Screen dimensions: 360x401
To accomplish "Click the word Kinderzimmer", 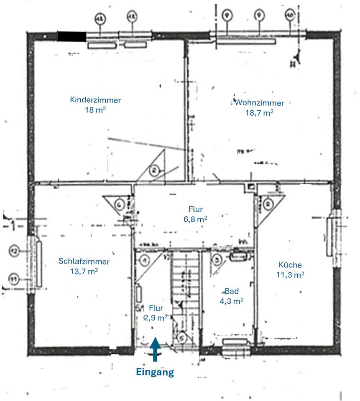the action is pyautogui.click(x=96, y=100).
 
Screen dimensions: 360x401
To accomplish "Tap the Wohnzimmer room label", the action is pyautogui.click(x=259, y=103).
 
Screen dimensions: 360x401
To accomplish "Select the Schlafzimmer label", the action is pyautogui.click(x=84, y=262).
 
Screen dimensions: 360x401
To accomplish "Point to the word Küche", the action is pyautogui.click(x=290, y=265).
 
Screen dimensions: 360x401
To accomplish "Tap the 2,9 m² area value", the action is pyautogui.click(x=155, y=317).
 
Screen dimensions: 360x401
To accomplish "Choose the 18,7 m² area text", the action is pyautogui.click(x=259, y=113).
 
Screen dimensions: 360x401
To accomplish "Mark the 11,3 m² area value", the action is pyautogui.click(x=290, y=275).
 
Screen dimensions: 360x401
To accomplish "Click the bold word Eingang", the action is pyautogui.click(x=155, y=372).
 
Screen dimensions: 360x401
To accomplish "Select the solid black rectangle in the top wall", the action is pyautogui.click(x=72, y=36).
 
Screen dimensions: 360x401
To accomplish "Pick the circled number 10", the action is pyautogui.click(x=290, y=15).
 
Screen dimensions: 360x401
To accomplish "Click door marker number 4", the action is pyautogui.click(x=120, y=205).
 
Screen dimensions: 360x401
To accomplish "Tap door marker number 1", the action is pyautogui.click(x=144, y=261).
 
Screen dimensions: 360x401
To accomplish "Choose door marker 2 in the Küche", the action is pyautogui.click(x=268, y=203).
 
